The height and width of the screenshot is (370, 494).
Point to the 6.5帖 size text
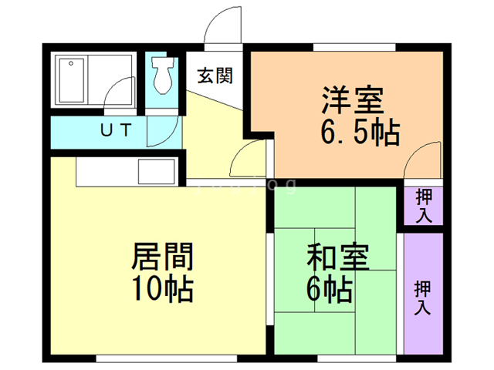360,134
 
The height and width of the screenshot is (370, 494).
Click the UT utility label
115,129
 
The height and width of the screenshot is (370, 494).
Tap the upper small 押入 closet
423,204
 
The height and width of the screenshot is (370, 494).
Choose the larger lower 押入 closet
423,297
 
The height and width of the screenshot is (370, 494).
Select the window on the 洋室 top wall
355,47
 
